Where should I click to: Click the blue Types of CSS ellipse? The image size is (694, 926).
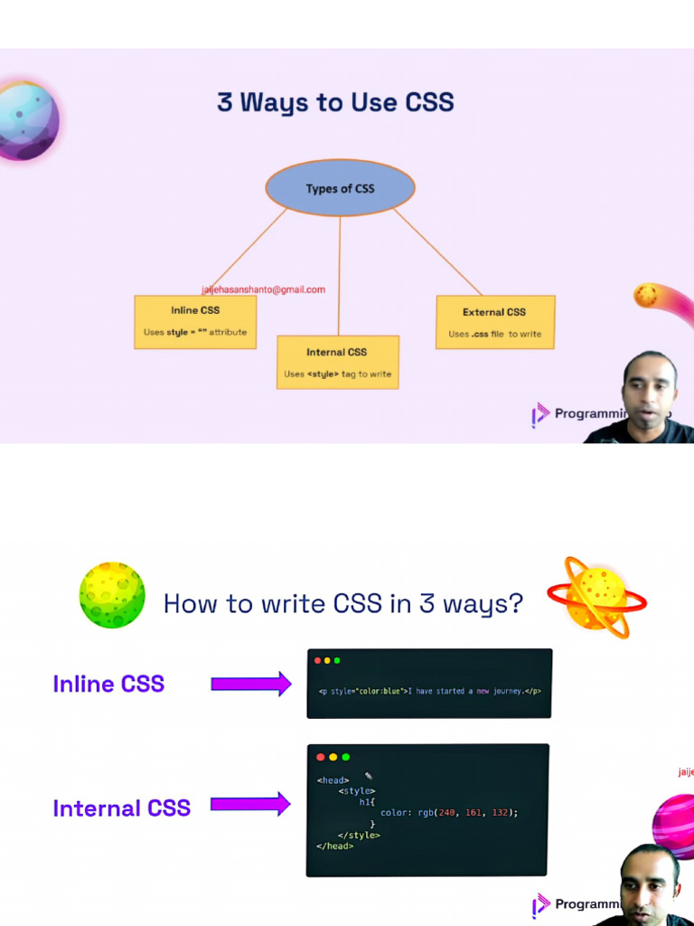(340, 188)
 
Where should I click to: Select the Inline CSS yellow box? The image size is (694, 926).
(195, 322)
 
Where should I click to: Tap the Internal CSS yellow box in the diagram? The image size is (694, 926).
(337, 362)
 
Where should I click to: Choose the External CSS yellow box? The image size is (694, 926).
(494, 322)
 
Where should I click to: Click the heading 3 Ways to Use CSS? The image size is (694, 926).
(335, 101)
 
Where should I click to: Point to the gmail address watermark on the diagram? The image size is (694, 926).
(263, 289)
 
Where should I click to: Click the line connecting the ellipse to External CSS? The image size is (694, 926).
(437, 251)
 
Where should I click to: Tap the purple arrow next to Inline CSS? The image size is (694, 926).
(250, 684)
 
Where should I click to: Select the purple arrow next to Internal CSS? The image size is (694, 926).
(250, 803)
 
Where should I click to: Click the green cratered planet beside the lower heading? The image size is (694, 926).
(112, 595)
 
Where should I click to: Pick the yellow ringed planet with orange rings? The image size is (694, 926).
(596, 597)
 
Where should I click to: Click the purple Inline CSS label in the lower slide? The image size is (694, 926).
(108, 684)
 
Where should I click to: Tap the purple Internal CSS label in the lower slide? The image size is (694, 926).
(121, 808)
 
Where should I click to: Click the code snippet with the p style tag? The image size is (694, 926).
(429, 691)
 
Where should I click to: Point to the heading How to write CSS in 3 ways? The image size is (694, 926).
(343, 603)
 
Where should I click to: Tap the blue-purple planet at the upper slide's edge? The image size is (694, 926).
(27, 121)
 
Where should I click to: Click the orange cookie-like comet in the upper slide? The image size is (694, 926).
(646, 295)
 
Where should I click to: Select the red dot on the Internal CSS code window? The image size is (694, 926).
(320, 757)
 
